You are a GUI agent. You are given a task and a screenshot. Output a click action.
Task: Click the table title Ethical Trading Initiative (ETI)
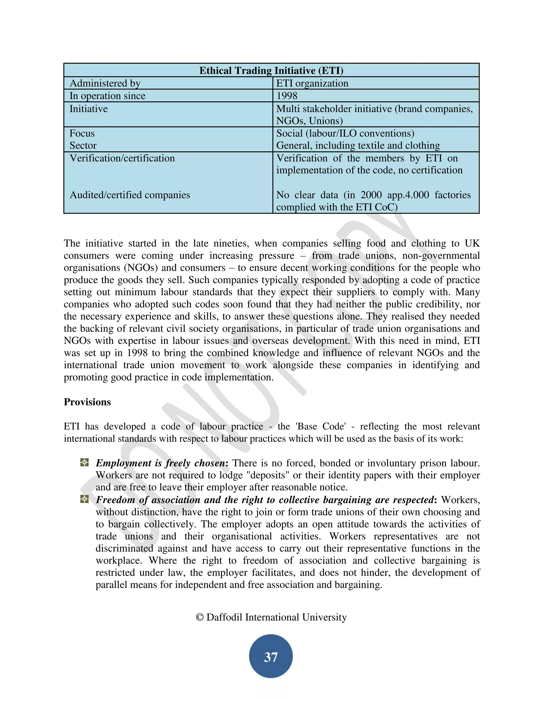click(x=271, y=70)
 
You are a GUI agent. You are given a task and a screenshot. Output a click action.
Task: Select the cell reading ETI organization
click(x=312, y=83)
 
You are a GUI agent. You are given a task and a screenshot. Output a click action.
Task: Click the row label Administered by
click(x=105, y=83)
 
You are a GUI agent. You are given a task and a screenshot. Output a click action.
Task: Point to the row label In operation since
click(x=107, y=96)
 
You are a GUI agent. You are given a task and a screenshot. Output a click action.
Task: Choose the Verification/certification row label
click(x=122, y=158)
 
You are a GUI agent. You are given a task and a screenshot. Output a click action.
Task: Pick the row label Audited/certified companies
click(x=130, y=195)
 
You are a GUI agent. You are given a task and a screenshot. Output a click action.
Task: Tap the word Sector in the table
click(x=83, y=145)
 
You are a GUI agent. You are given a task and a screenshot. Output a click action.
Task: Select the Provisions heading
click(x=87, y=402)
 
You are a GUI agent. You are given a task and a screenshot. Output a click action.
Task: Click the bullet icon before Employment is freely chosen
click(x=84, y=462)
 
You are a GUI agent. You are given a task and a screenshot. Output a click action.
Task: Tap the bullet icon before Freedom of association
click(x=84, y=499)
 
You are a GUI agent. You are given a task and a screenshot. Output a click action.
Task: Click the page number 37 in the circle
click(x=271, y=657)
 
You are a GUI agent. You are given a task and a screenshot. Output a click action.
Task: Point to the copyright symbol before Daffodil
click(x=200, y=617)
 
